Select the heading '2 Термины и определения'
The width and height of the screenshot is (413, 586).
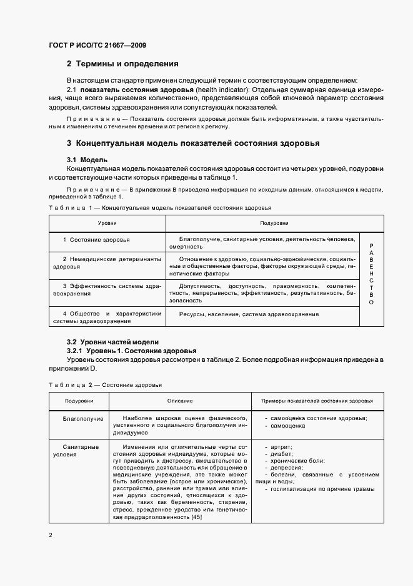coord(122,63)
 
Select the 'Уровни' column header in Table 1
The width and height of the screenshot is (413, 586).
coord(107,223)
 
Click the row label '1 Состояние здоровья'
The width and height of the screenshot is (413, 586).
coord(96,240)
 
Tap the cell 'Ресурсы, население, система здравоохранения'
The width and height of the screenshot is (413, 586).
coord(249,314)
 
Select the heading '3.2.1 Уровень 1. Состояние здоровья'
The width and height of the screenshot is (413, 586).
coord(131,351)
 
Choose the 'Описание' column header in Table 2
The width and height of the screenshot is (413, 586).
coord(179,401)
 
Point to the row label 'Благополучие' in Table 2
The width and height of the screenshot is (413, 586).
coord(83,418)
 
